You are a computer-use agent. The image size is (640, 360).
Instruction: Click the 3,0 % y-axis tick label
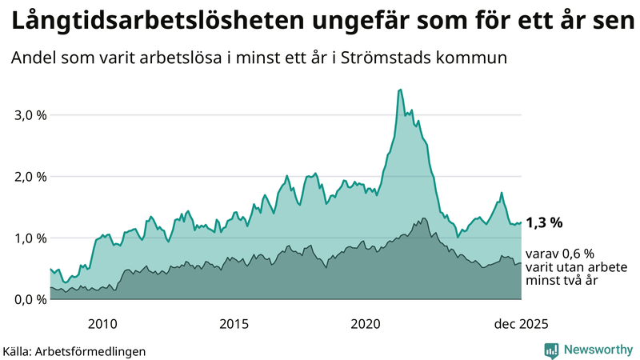[x=30, y=114]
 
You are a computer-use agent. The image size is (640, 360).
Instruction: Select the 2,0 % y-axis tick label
[x=30, y=176]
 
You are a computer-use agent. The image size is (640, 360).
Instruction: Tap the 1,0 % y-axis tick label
[x=30, y=238]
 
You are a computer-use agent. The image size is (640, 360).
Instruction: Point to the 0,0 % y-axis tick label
[x=30, y=299]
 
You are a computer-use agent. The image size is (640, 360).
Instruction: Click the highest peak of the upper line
[x=400, y=90]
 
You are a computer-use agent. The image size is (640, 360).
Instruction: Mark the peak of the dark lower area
[x=423, y=218]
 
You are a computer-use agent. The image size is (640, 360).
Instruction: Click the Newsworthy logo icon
[x=551, y=350]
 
